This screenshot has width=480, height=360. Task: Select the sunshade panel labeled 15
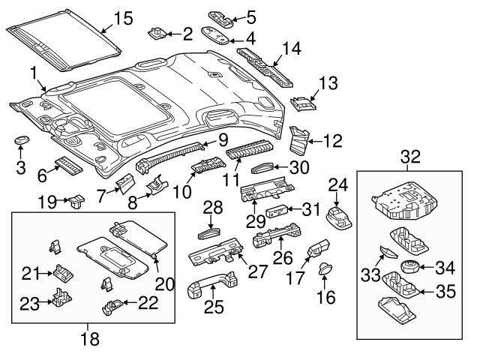click(64, 39)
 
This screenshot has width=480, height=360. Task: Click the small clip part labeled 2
click(158, 32)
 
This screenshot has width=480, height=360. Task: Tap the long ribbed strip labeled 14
click(265, 63)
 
